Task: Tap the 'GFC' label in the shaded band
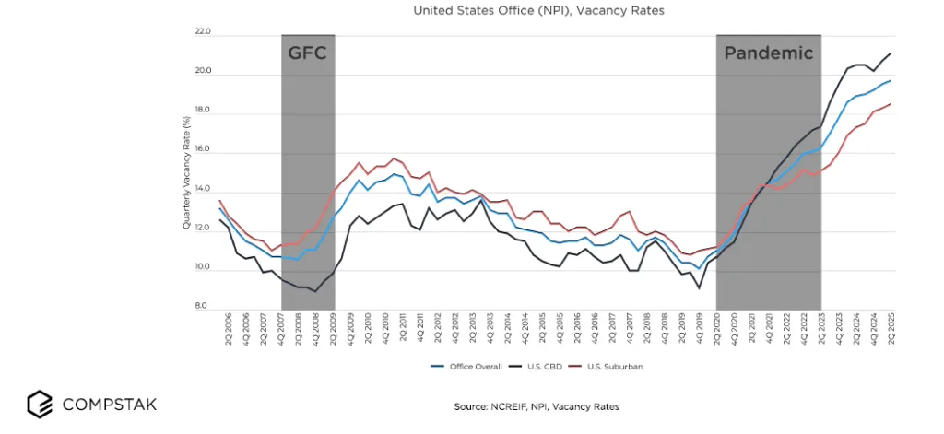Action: (x=307, y=53)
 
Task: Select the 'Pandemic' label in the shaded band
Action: (x=768, y=53)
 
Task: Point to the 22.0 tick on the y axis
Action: (x=203, y=32)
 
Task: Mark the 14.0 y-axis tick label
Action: (x=203, y=190)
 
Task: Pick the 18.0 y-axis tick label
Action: (x=203, y=111)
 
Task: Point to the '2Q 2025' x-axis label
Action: (x=891, y=329)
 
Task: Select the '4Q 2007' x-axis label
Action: (x=280, y=329)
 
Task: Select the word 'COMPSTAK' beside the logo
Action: (x=109, y=405)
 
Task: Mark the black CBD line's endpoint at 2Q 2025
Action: (x=891, y=53)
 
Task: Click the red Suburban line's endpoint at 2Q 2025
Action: (x=891, y=104)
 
